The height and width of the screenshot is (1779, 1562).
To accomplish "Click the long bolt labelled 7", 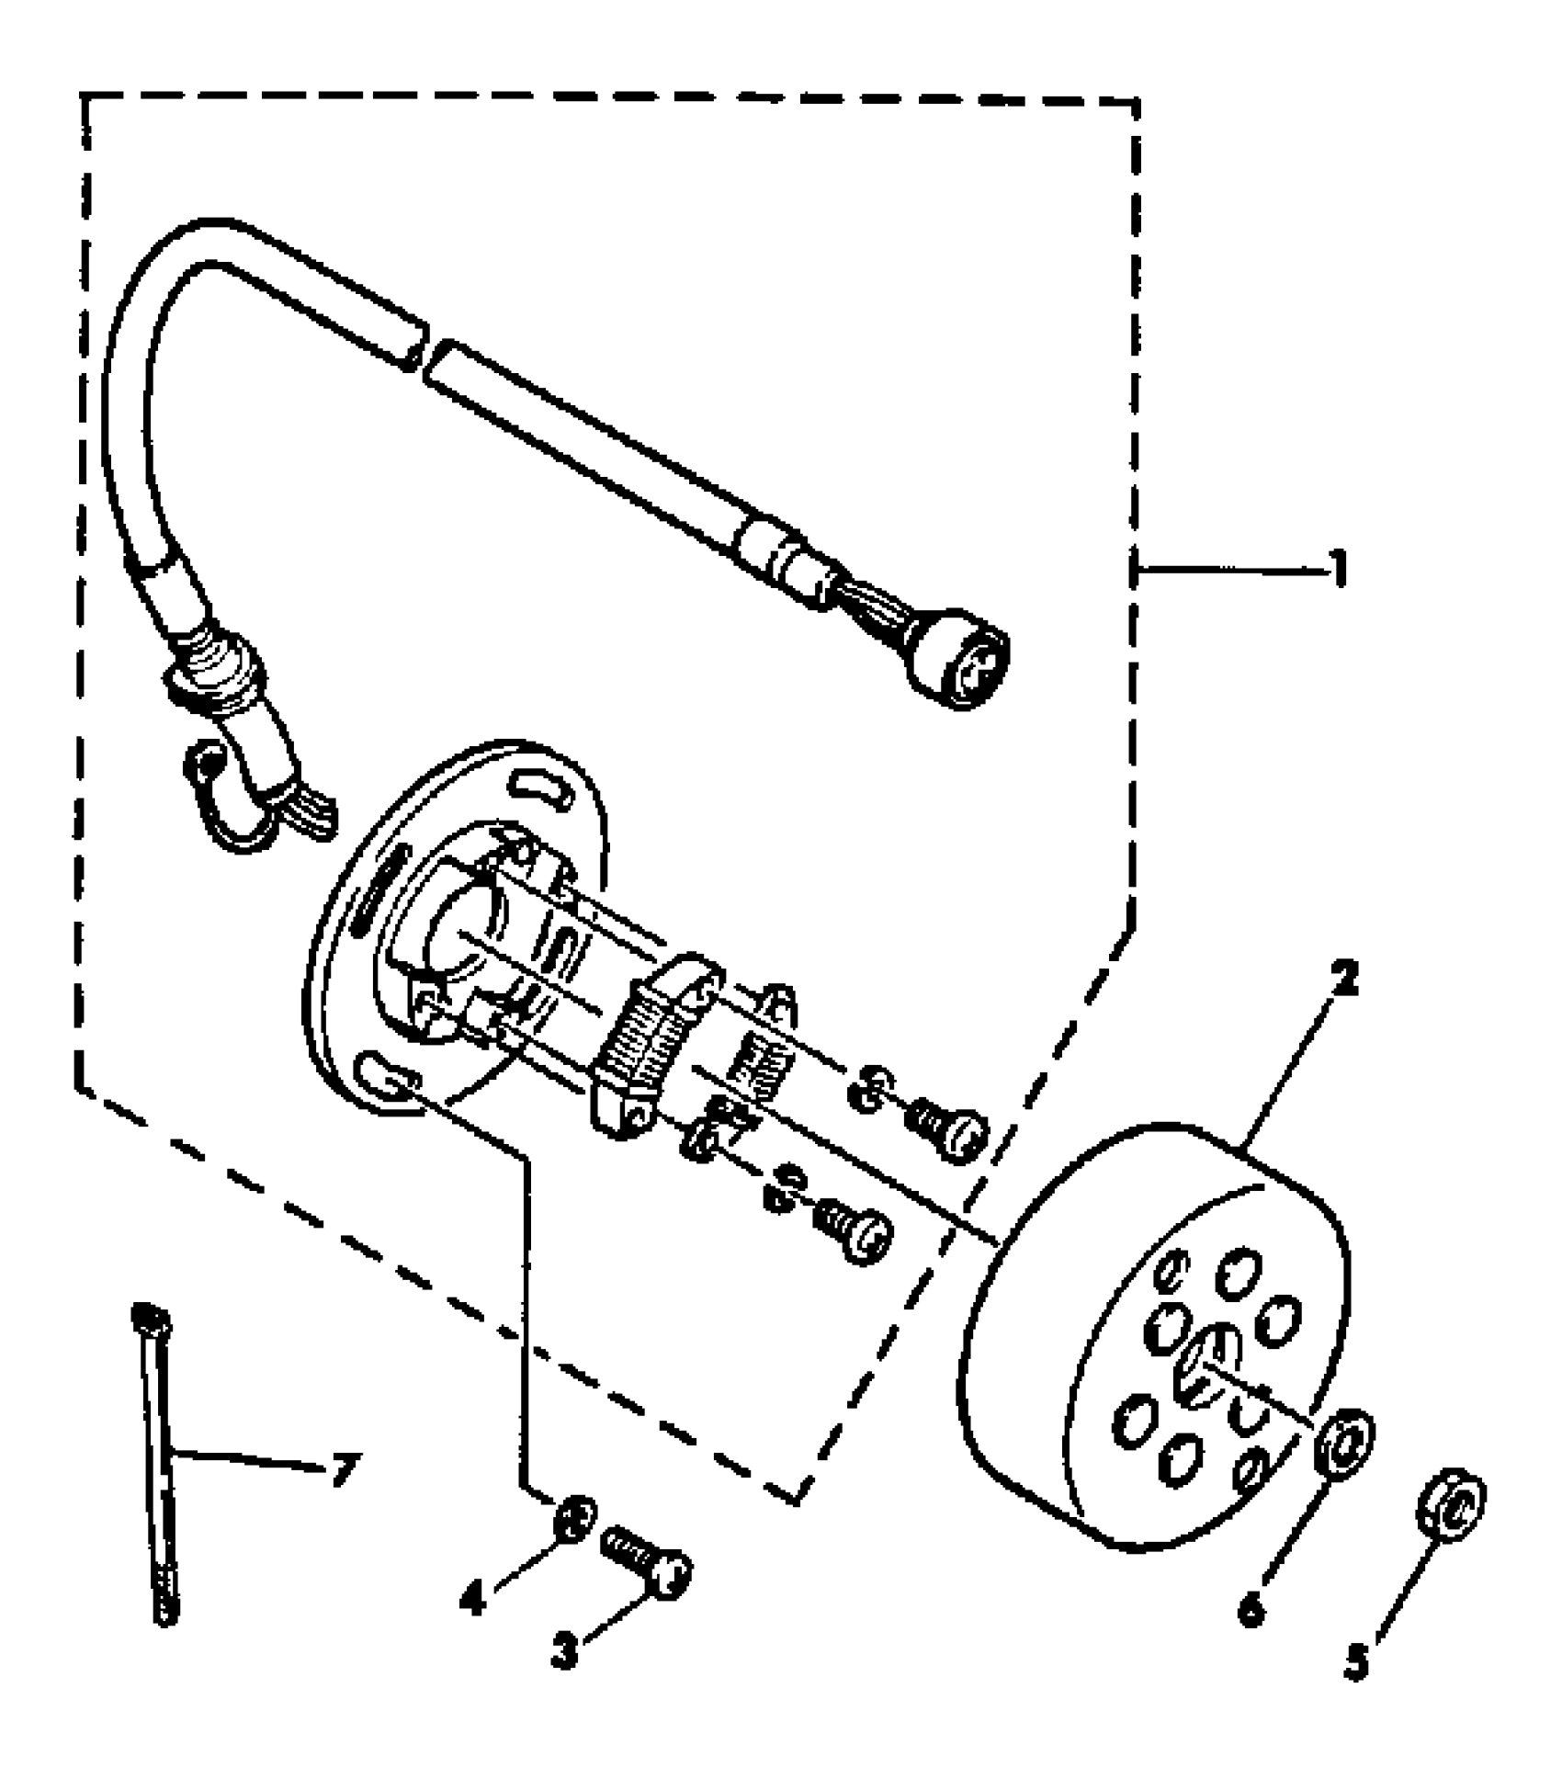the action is tap(157, 1461).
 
